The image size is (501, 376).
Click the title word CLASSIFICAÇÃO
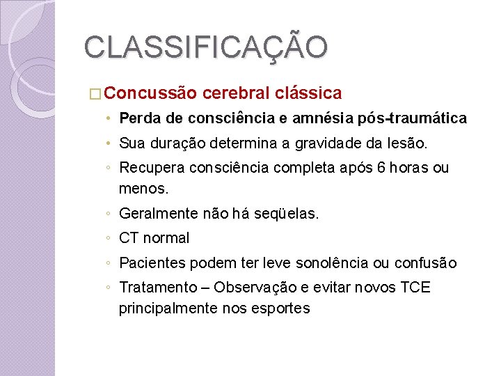[205, 48]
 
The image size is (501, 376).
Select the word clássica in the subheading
[308, 93]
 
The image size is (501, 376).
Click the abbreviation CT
[129, 238]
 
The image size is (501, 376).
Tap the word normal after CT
[166, 238]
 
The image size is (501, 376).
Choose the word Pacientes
[152, 263]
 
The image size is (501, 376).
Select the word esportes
[278, 307]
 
